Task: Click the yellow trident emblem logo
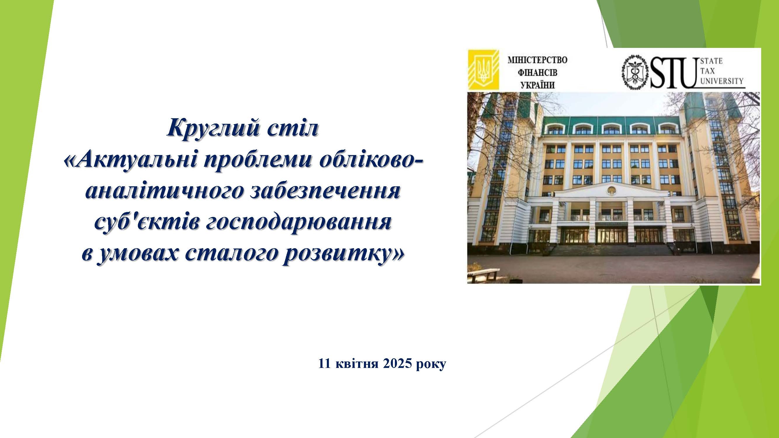point(483,70)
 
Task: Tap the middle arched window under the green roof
point(610,130)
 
